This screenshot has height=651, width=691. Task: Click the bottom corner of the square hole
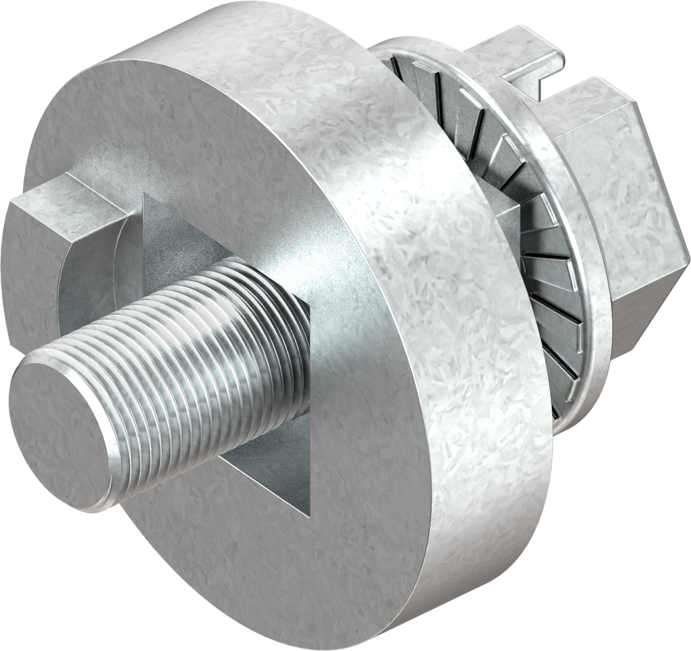(x=309, y=516)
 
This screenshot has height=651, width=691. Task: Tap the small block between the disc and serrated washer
(x=506, y=222)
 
